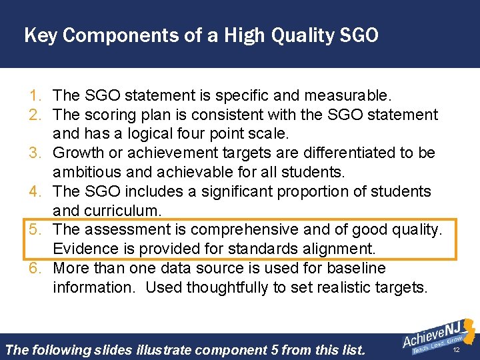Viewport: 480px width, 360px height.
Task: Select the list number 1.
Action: (x=37, y=96)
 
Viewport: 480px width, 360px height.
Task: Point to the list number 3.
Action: (x=37, y=153)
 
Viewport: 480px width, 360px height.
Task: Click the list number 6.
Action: (x=37, y=269)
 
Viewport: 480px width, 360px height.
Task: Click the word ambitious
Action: (x=87, y=173)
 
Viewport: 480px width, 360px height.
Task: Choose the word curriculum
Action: (x=121, y=211)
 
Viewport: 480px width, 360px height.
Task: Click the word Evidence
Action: (x=84, y=249)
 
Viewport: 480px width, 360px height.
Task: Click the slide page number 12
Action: (x=457, y=350)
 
